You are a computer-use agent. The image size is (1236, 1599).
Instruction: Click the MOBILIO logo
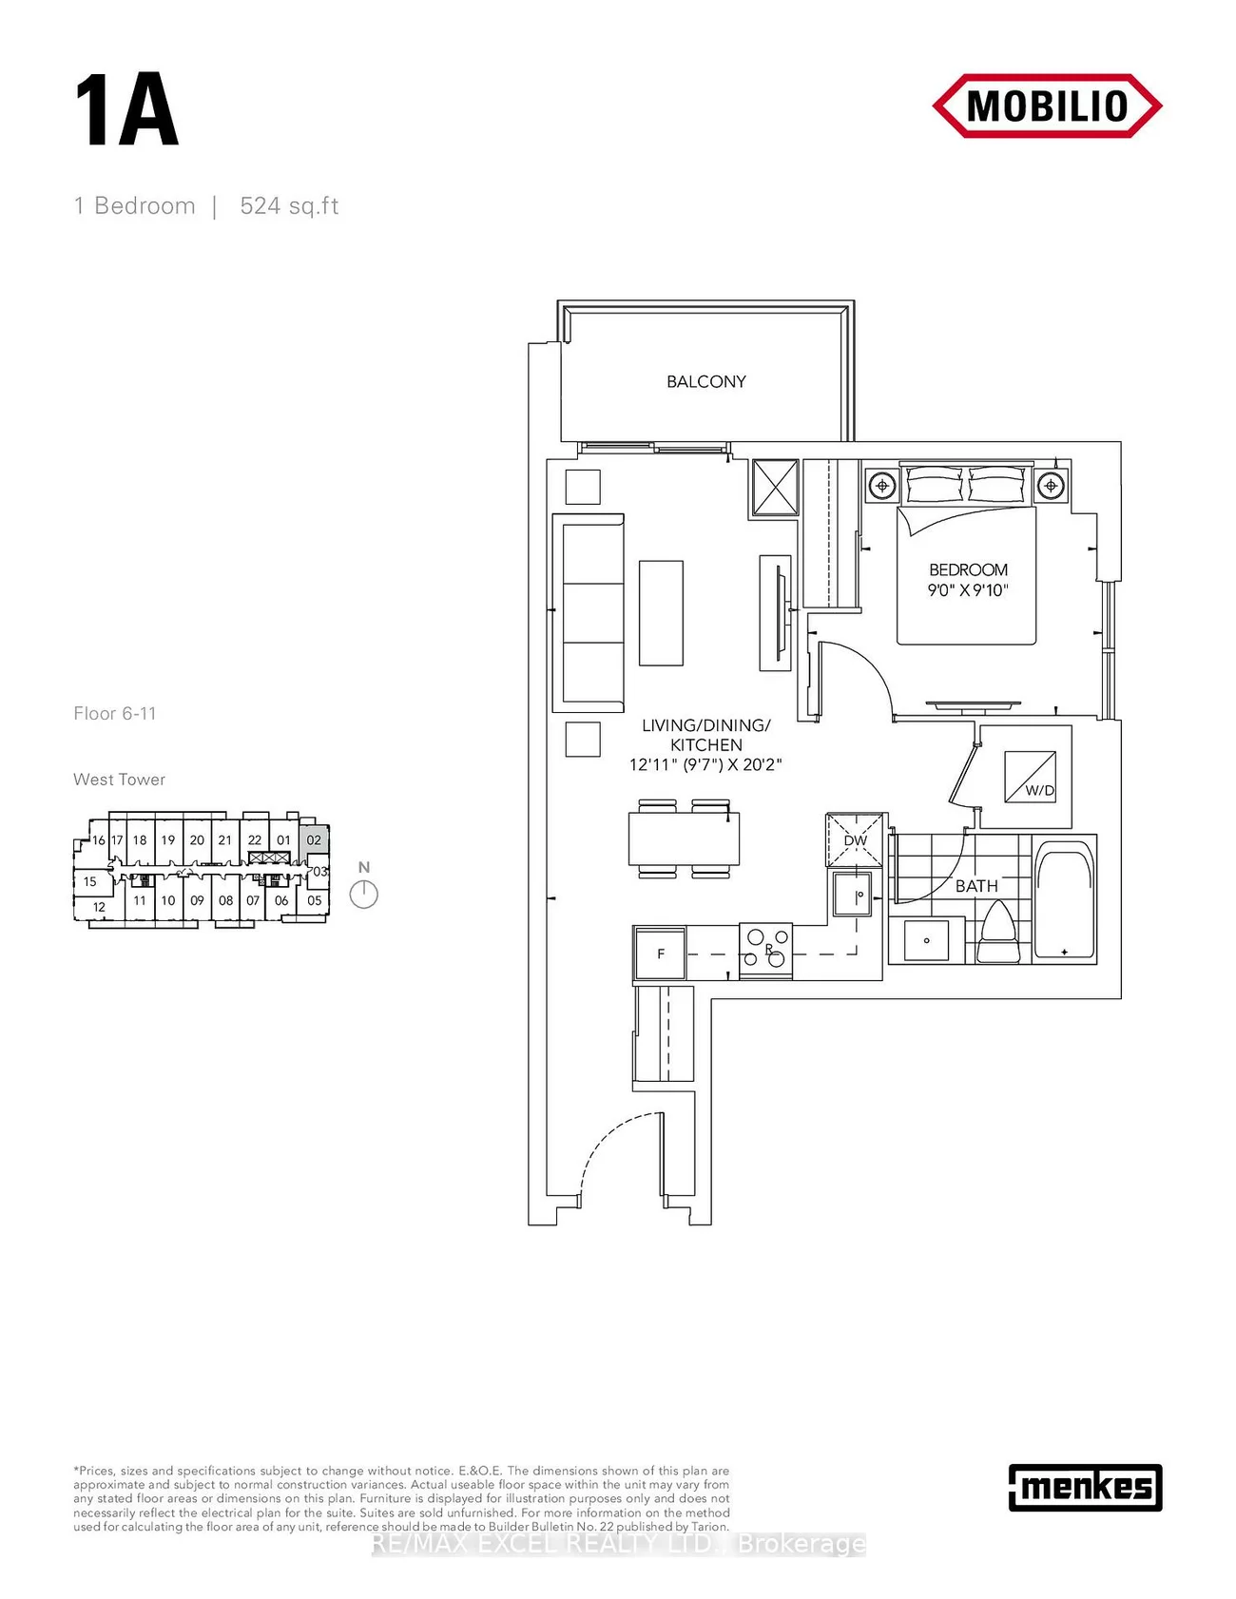[x=1047, y=106]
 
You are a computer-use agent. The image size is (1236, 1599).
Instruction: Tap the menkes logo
[x=1085, y=1487]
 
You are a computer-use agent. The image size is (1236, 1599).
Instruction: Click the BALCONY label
[x=705, y=381]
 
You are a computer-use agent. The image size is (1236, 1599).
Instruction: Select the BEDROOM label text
[x=968, y=569]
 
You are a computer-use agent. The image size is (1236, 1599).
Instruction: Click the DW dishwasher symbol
[x=856, y=839]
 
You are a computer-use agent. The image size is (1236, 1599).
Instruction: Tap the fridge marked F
[x=660, y=954]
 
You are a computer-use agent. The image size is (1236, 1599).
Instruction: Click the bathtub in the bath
[x=1065, y=898]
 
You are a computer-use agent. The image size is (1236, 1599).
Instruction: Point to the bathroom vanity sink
[x=926, y=940]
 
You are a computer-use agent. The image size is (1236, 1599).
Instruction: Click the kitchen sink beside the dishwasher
[x=852, y=895]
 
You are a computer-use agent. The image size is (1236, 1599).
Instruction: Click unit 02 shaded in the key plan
[x=314, y=840]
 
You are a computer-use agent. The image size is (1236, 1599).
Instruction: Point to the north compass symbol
[x=364, y=894]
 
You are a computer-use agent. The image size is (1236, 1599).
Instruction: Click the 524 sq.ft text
[x=289, y=206]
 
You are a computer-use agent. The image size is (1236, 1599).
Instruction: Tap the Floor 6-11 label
[x=115, y=714]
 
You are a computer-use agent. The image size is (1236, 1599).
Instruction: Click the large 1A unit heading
[x=126, y=112]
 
